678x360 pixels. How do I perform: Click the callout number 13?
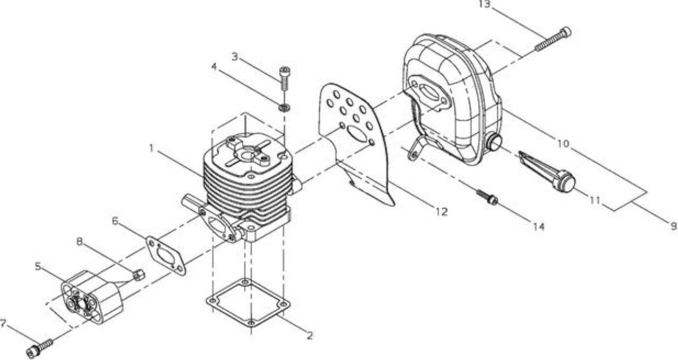(484, 4)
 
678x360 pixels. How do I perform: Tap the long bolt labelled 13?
(553, 39)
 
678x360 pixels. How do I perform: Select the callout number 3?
(235, 57)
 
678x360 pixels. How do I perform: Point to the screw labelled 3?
(284, 78)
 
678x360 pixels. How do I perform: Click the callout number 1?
(152, 148)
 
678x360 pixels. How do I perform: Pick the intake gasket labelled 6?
(166, 256)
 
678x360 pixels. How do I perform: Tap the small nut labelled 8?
(139, 275)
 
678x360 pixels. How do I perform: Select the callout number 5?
(38, 266)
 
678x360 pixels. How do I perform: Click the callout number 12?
(442, 212)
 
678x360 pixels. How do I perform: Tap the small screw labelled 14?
(487, 197)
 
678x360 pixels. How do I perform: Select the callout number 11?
(595, 200)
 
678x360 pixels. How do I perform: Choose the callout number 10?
(563, 143)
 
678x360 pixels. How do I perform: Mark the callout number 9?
(674, 226)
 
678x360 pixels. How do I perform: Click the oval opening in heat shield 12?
(356, 134)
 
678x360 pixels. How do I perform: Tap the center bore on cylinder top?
(248, 156)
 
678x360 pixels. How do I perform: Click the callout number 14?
(539, 227)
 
